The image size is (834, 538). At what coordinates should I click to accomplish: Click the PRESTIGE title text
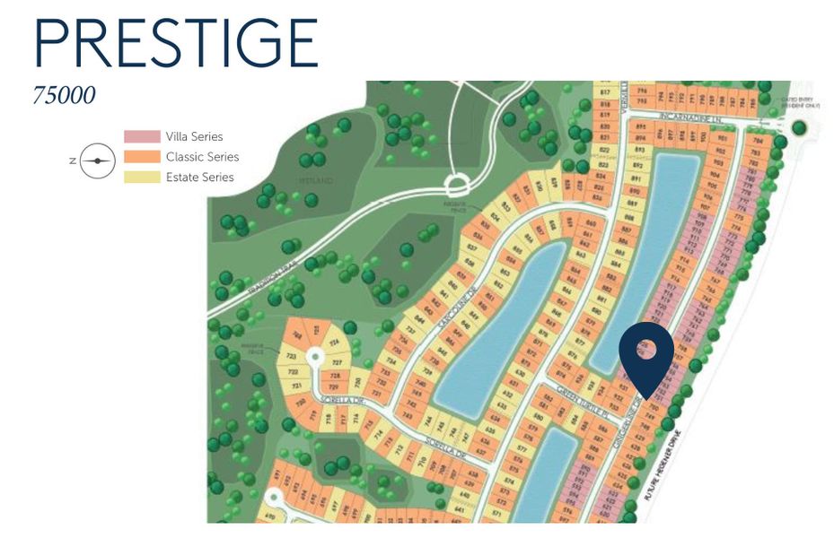point(176,43)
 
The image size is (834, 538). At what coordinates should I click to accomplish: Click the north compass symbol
point(96,161)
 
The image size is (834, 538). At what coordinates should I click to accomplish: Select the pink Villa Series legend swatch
point(141,137)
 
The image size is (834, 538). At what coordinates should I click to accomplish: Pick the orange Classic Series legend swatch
point(141,157)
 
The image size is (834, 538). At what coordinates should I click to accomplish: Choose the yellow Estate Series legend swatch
point(141,177)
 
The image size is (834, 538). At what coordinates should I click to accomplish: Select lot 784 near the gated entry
point(759,140)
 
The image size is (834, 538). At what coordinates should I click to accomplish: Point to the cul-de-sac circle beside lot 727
point(314,357)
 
